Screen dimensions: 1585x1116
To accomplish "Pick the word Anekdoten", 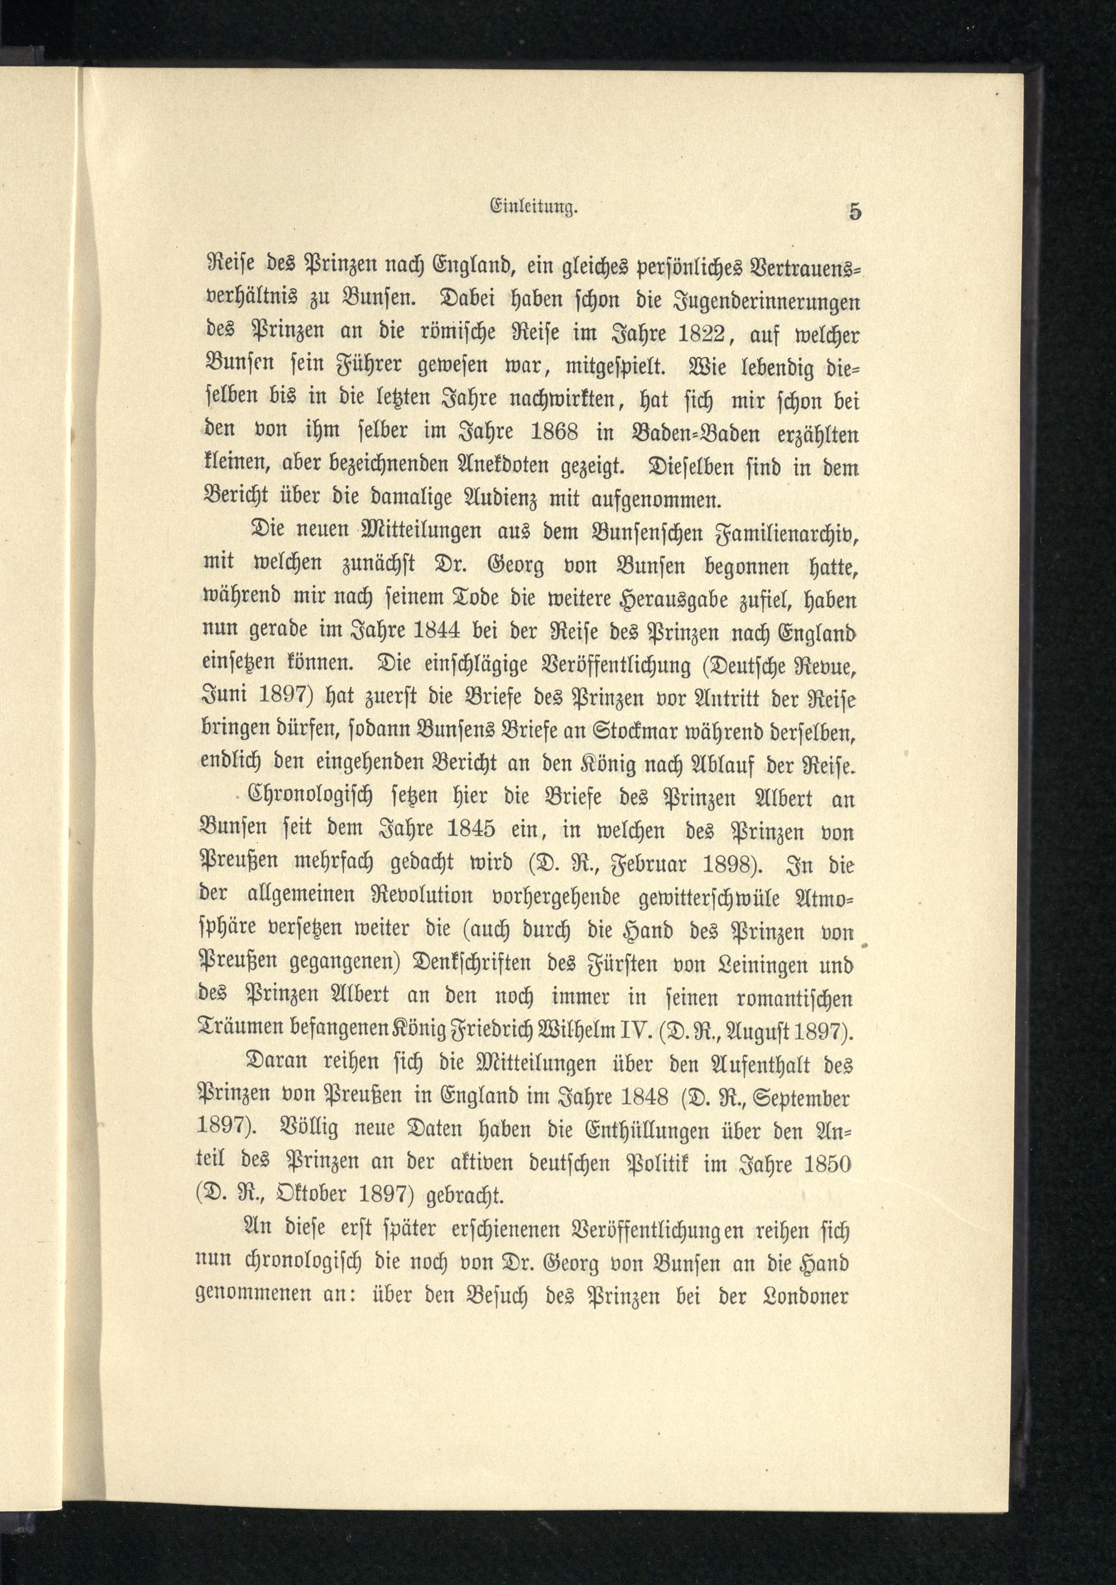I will coord(538,467).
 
